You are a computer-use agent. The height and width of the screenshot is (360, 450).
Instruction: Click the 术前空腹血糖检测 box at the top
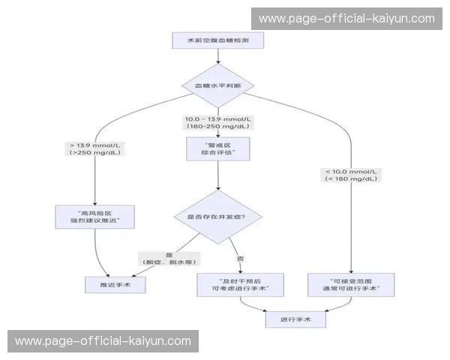click(x=217, y=40)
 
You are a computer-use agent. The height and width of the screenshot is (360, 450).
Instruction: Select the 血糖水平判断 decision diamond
click(x=217, y=85)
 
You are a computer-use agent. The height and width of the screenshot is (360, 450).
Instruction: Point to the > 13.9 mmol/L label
click(x=95, y=144)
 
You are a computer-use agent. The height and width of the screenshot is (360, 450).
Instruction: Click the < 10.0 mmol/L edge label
click(x=349, y=172)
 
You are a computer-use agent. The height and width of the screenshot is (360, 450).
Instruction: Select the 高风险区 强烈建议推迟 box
click(x=95, y=217)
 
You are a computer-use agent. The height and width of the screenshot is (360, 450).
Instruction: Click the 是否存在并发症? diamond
click(x=217, y=217)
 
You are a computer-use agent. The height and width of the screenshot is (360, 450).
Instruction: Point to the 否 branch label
click(x=241, y=259)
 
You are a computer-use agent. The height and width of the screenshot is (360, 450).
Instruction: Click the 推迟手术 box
click(x=114, y=284)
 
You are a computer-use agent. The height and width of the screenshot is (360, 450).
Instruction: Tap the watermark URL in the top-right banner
click(x=346, y=18)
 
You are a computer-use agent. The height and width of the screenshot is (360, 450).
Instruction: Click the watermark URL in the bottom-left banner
click(x=103, y=340)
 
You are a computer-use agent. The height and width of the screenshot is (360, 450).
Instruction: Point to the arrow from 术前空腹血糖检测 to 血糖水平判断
click(x=217, y=55)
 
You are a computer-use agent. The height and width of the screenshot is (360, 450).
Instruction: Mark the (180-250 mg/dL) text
click(x=217, y=127)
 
